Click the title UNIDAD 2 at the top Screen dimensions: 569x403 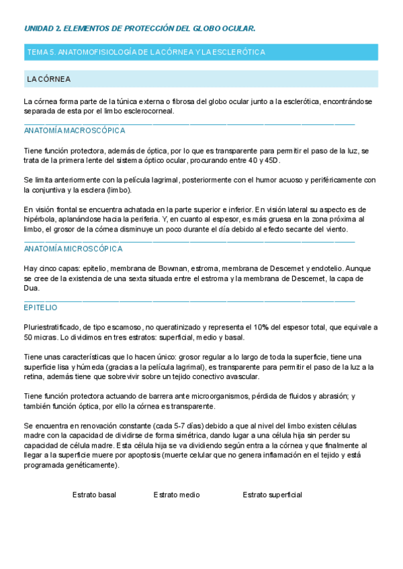[x=140, y=29]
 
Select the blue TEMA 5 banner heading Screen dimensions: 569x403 [x=146, y=52]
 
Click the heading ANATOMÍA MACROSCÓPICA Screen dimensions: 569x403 [x=75, y=131]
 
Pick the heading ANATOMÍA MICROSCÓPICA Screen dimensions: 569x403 [x=73, y=249]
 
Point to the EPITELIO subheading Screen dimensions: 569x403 [x=40, y=307]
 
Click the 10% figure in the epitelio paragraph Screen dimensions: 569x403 [x=265, y=327]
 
